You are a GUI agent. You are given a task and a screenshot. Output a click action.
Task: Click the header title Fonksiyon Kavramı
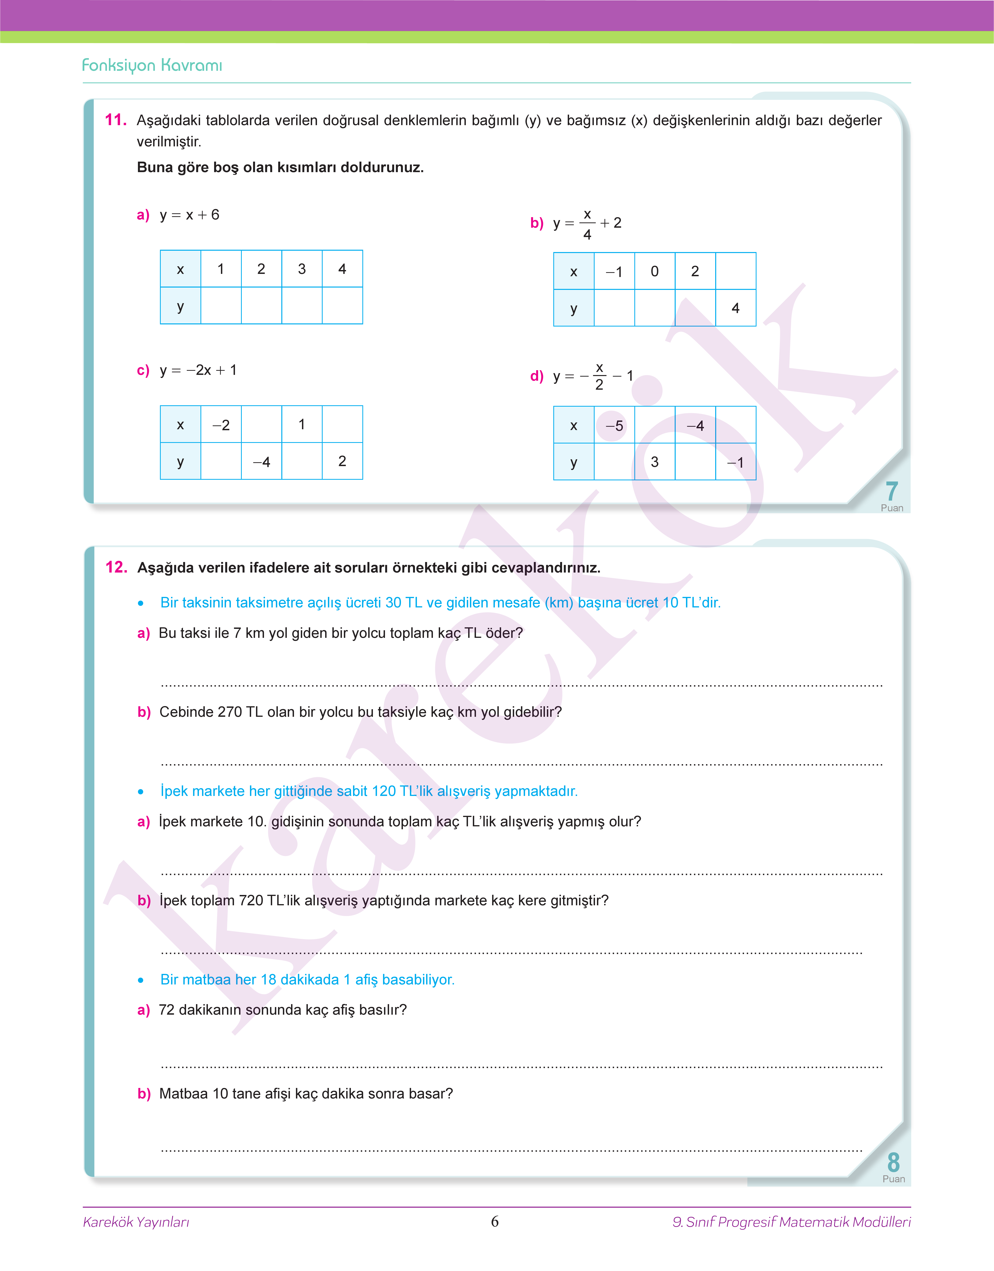(152, 65)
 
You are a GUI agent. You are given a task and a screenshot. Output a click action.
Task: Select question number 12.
(116, 567)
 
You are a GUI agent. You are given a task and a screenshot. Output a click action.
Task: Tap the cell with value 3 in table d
(655, 462)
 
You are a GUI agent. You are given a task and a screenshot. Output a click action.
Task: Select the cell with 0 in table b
(655, 271)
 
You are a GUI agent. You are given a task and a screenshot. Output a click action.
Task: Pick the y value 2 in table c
(342, 461)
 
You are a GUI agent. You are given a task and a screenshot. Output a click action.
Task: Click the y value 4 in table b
(736, 308)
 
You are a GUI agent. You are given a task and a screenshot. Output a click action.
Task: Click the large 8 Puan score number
(893, 1162)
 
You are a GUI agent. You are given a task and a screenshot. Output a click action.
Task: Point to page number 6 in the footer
(495, 1221)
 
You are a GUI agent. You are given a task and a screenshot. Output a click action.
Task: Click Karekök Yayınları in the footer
(136, 1221)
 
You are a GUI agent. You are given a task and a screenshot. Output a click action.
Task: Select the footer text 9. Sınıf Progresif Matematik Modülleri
(791, 1221)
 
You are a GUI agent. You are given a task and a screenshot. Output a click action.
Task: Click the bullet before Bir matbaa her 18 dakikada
(141, 981)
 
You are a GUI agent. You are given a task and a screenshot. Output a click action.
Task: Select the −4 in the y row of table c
(261, 462)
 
